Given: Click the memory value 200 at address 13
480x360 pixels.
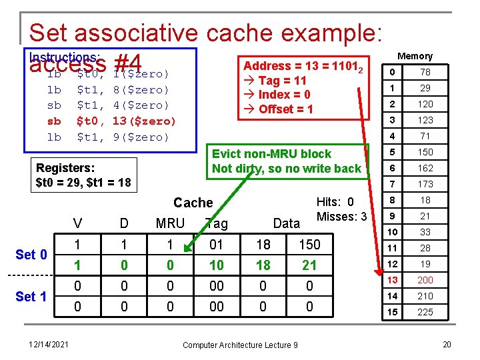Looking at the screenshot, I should pos(425,280).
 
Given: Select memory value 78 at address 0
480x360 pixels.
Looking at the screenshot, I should pos(425,72).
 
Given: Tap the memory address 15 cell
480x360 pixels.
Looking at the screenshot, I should pos(393,312).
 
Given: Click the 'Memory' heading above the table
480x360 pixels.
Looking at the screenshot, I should pos(415,56).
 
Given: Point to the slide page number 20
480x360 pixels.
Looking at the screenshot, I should pos(446,344).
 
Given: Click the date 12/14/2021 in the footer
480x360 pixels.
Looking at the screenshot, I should pos(49,344).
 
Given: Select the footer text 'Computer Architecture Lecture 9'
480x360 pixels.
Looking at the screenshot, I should pos(240,344).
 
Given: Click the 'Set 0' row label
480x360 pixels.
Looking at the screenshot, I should pos(31,255).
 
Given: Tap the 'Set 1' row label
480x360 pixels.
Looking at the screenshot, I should pos(31,297).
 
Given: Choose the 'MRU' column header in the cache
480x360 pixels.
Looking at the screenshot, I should pos(170,223).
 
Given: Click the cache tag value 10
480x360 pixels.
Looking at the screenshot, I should pos(216,265).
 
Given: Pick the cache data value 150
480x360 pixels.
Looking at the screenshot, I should pos(309,245).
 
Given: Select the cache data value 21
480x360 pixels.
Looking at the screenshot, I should pos(309,265).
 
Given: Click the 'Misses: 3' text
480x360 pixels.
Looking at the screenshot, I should pos(342,217).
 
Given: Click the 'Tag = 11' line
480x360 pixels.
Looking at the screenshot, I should pos(282,81).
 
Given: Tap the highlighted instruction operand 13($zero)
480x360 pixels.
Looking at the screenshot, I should pos(144,121).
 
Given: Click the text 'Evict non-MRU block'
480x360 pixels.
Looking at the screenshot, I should pos(271,154).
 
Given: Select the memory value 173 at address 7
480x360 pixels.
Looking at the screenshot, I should pos(425,184).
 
